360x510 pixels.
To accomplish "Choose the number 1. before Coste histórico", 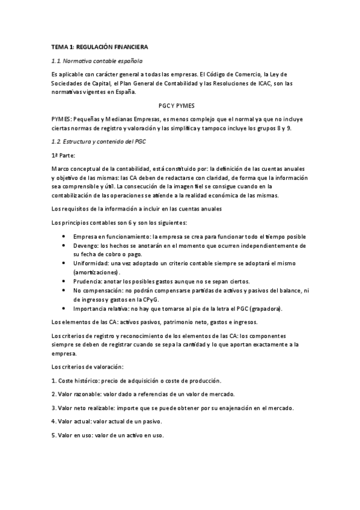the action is (54, 381).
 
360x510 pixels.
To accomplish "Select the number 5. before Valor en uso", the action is (54, 435).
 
